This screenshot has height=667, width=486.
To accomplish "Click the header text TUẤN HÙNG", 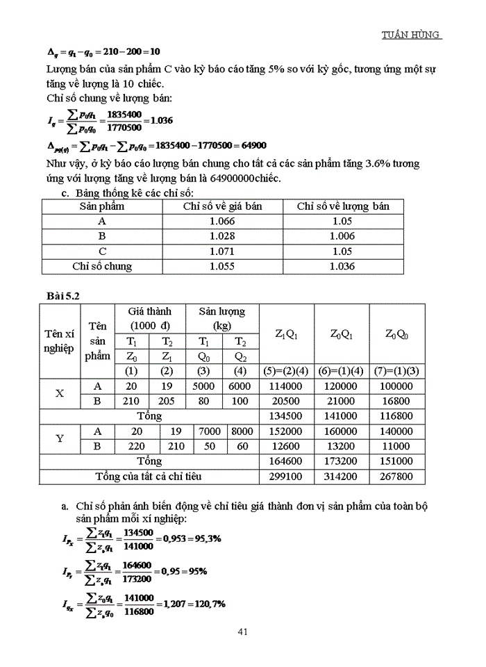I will click(412, 35).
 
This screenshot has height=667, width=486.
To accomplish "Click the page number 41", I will click(243, 632).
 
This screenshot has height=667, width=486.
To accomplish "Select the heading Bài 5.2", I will click(63, 295).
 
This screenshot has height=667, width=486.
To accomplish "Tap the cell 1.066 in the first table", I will click(222, 221).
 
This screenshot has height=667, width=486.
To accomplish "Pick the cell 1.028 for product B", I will click(222, 236).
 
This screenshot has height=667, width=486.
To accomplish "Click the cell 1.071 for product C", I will click(222, 251).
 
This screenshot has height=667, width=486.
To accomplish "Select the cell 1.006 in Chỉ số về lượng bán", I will click(342, 236).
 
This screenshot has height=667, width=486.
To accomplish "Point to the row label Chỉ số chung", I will click(102, 266).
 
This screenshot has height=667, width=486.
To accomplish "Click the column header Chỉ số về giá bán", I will click(222, 206).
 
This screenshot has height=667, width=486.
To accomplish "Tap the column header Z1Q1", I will click(287, 333).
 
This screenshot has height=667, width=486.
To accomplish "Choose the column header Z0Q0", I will click(397, 333).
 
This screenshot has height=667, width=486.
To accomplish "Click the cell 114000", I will click(287, 386).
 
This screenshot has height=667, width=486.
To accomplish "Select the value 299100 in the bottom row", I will click(287, 477).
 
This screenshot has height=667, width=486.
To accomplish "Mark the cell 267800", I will click(397, 477).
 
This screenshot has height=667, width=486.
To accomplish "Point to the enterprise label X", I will click(60, 393).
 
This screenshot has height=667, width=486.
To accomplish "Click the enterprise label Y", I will click(60, 438).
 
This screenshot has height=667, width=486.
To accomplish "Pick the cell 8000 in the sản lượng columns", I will click(242, 431).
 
